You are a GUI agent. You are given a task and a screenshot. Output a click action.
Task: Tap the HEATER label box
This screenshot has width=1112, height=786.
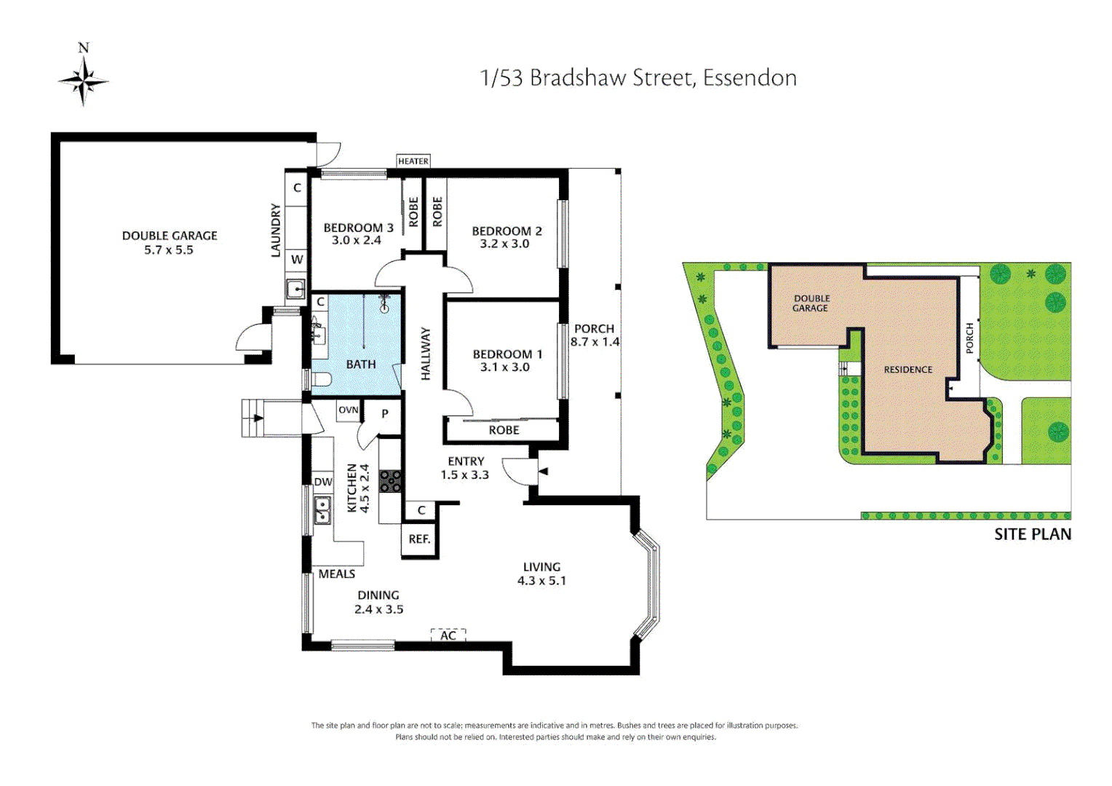click(x=413, y=161)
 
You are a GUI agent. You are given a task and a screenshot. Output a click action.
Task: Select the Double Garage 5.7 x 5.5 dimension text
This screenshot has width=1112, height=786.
click(x=169, y=250)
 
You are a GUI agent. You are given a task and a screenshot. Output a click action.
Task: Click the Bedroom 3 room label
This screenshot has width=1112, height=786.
click(x=358, y=228)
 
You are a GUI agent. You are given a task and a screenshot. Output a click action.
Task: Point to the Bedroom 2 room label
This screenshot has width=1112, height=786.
click(x=507, y=231)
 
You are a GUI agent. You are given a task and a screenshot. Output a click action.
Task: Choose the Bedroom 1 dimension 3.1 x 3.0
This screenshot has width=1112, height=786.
click(x=504, y=368)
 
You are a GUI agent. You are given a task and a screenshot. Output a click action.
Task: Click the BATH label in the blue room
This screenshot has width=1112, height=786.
click(x=361, y=364)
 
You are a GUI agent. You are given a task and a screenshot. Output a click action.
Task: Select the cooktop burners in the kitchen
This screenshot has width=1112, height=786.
click(x=391, y=481)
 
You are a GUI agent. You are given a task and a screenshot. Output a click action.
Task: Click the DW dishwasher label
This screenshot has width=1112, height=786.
click(x=323, y=482)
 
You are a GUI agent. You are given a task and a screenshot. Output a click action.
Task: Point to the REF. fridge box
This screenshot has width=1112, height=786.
click(x=419, y=539)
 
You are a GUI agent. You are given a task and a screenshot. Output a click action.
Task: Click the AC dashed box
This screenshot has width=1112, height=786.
click(x=448, y=635)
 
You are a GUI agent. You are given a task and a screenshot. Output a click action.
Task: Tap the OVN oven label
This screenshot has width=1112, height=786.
click(x=349, y=410)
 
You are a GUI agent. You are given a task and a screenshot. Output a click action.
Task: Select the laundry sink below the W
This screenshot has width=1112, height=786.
click(x=295, y=289)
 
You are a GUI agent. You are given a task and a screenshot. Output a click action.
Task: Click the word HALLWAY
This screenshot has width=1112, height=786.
click(x=426, y=354)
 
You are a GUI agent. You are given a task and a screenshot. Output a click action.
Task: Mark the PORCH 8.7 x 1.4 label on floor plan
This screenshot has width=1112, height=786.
click(x=595, y=336)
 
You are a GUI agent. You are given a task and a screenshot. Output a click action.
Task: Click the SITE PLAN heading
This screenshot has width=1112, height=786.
click(x=1032, y=534)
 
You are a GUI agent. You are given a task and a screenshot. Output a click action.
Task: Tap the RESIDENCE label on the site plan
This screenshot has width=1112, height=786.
click(x=908, y=370)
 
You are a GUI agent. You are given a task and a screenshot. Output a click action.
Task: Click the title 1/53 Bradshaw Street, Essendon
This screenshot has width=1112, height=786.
click(x=638, y=78)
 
